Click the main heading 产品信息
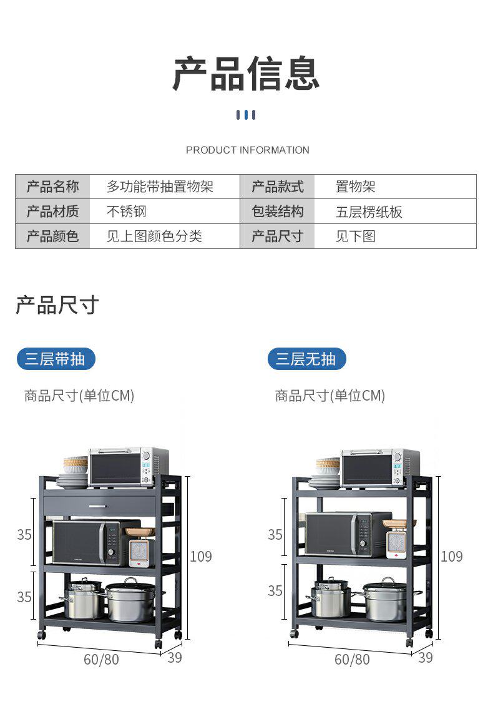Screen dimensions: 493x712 pos(246,74)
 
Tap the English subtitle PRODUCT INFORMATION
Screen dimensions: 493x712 pos(247,150)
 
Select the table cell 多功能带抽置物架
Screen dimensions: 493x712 pos(160,187)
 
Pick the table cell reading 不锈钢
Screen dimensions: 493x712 pos(126,212)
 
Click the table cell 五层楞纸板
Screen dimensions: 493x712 pos(369,212)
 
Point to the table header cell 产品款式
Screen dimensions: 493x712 pos(277,187)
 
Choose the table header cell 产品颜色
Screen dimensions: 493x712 pos(52,237)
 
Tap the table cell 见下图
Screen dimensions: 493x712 pos(355,237)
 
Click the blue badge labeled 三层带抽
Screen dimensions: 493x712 pos(56,359)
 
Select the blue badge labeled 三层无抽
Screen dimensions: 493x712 pos(306,359)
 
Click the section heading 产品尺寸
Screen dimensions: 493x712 pos(57,306)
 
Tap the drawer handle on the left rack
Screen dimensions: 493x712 pos(98,506)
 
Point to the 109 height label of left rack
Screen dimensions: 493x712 pos(200,556)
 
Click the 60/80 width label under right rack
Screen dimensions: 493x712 pos(352,659)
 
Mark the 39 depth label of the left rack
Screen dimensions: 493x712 pos(175,657)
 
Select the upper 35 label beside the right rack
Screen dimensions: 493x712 pos(275,535)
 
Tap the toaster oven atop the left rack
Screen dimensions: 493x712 pos(129,466)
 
